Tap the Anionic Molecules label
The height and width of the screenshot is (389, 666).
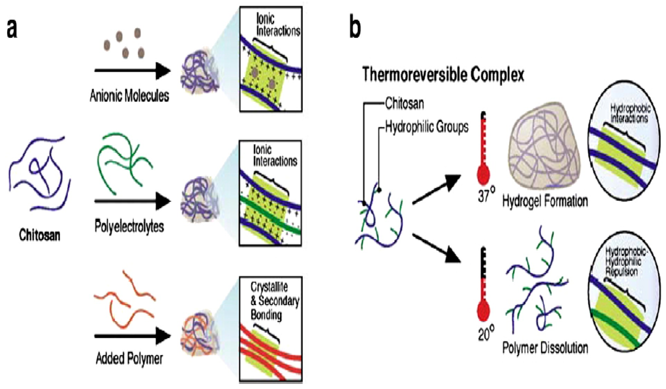pyautogui.click(x=129, y=96)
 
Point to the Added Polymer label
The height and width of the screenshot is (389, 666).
pyautogui.click(x=129, y=359)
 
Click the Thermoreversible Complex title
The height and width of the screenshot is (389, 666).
pyautogui.click(x=443, y=75)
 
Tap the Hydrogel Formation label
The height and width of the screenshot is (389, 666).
pyautogui.click(x=545, y=201)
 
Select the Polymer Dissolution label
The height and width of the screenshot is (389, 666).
pyautogui.click(x=545, y=348)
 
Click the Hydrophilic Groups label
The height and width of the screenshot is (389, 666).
pyautogui.click(x=427, y=127)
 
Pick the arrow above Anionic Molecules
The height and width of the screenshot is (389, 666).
pyautogui.click(x=132, y=71)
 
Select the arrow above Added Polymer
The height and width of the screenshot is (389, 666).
pyautogui.click(x=132, y=336)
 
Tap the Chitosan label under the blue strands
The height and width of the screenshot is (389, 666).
pyautogui.click(x=40, y=235)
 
